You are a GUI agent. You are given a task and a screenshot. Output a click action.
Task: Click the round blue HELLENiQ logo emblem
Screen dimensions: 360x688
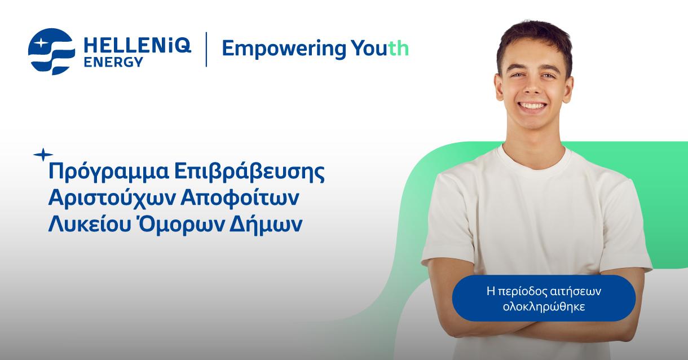51,51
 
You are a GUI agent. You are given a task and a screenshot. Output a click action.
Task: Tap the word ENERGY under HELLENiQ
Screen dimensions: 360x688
113,62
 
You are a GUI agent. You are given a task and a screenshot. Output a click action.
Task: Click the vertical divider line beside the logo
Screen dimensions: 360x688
206,50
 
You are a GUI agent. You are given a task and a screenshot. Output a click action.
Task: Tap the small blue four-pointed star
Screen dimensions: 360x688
43,154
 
